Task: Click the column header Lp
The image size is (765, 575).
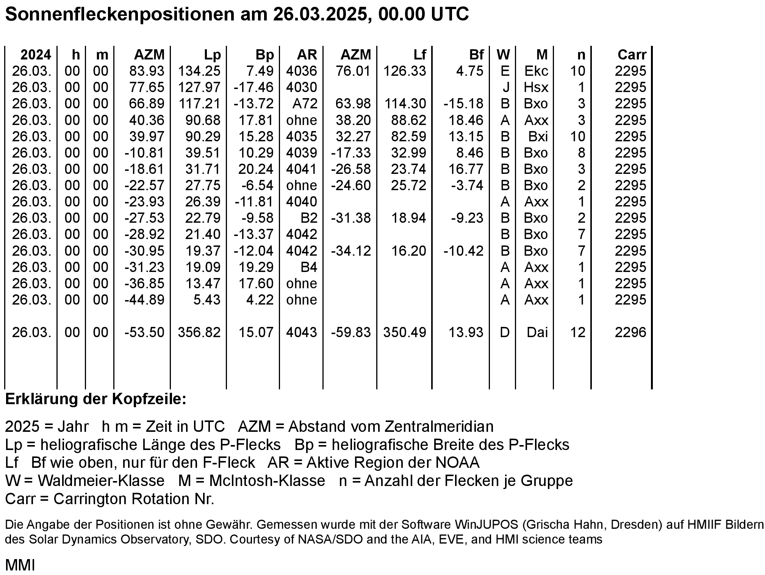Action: (x=212, y=55)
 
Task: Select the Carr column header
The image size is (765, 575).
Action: (x=632, y=55)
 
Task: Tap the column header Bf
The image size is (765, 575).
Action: (x=476, y=55)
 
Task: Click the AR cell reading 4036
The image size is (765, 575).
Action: (x=302, y=71)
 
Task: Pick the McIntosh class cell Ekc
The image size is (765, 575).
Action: (x=536, y=71)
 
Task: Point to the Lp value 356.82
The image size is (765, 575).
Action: (x=199, y=333)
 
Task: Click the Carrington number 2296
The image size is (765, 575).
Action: (x=630, y=333)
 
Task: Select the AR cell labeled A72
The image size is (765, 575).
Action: (x=305, y=104)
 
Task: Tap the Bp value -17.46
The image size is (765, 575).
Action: (x=253, y=87)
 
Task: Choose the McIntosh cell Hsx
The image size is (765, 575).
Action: (x=536, y=87)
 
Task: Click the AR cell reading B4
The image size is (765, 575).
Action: (x=308, y=267)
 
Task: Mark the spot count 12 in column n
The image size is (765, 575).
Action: (x=578, y=333)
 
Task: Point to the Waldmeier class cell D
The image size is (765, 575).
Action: (x=505, y=333)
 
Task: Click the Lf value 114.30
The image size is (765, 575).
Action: (x=405, y=104)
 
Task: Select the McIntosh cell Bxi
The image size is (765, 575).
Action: (x=538, y=136)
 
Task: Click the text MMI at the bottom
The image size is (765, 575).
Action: (x=20, y=565)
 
